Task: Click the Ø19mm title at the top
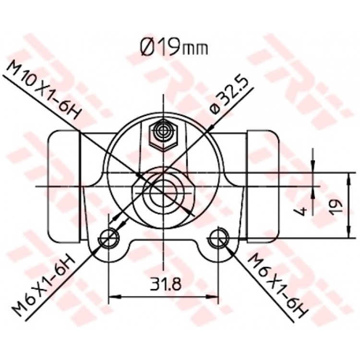click(174, 48)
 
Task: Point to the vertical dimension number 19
click(336, 206)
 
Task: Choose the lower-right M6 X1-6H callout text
click(278, 285)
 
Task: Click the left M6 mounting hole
click(108, 238)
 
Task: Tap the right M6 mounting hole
click(218, 238)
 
